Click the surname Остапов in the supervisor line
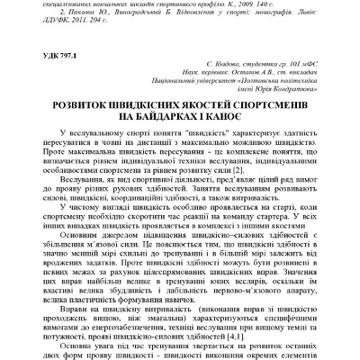[x=231, y=79]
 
